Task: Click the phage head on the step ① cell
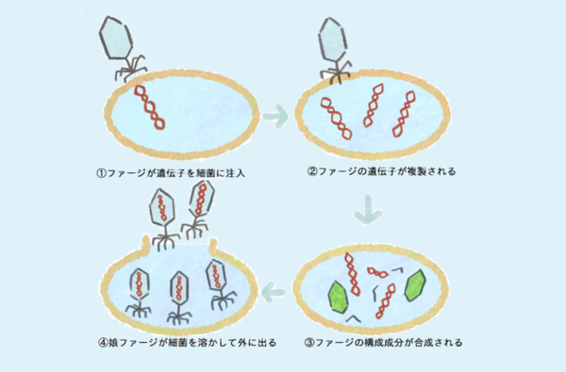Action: pos(117,38)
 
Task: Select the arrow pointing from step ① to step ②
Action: pos(275,118)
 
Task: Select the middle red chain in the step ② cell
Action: pos(373,108)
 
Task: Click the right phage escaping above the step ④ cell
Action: pos(203,201)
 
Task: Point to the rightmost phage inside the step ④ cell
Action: pos(223,280)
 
